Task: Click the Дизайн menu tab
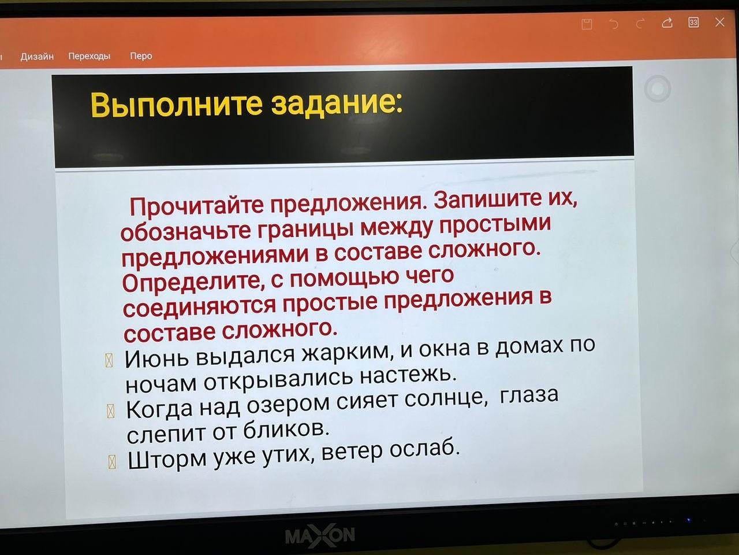(37, 56)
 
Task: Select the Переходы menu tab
(89, 55)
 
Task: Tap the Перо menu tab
(141, 55)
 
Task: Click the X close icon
(720, 22)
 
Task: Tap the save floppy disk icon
(587, 24)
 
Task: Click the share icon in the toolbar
(667, 23)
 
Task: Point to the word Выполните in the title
(176, 105)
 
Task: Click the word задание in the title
(337, 103)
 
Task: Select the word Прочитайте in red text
(197, 206)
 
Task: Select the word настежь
(408, 375)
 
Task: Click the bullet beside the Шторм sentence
(112, 462)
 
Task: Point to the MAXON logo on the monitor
(320, 534)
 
